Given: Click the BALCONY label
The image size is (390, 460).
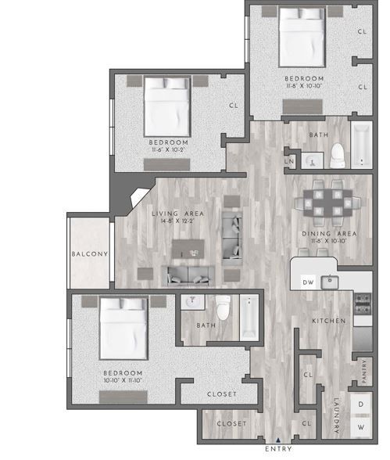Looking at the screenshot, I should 89,254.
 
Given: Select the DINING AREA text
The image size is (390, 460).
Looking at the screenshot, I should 329,233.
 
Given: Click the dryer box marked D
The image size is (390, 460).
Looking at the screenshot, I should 360,404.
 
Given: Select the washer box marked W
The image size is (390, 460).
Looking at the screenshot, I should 360,428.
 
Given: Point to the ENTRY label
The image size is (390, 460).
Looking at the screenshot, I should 279,450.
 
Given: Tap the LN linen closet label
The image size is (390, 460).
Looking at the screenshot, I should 288,162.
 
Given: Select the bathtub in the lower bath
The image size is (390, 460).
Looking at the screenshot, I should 249,316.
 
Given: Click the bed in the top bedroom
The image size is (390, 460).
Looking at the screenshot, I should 302,35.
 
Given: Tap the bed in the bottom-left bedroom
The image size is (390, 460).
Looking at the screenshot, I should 123,327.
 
